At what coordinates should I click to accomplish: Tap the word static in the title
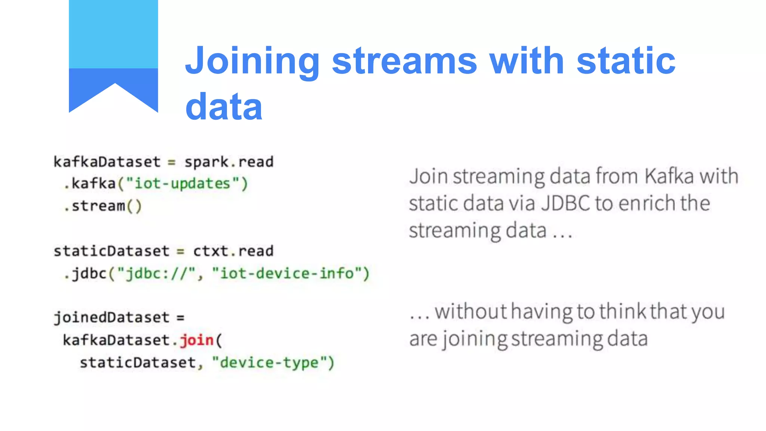tap(626, 61)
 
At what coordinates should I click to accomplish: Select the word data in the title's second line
tap(224, 107)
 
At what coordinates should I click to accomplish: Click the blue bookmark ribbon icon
tap(113, 56)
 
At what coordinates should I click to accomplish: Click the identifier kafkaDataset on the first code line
tap(107, 162)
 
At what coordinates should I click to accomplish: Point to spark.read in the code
tap(229, 162)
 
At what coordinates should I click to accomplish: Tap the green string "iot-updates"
tap(182, 184)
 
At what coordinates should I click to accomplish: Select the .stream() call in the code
tap(103, 206)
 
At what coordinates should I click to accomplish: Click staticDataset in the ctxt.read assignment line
tap(111, 251)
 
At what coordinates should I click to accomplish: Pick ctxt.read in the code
tap(233, 251)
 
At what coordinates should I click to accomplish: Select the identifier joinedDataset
tap(111, 318)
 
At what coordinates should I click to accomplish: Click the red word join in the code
tap(196, 340)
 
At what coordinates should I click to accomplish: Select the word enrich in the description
tap(646, 204)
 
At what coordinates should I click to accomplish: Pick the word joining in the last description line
tap(474, 339)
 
